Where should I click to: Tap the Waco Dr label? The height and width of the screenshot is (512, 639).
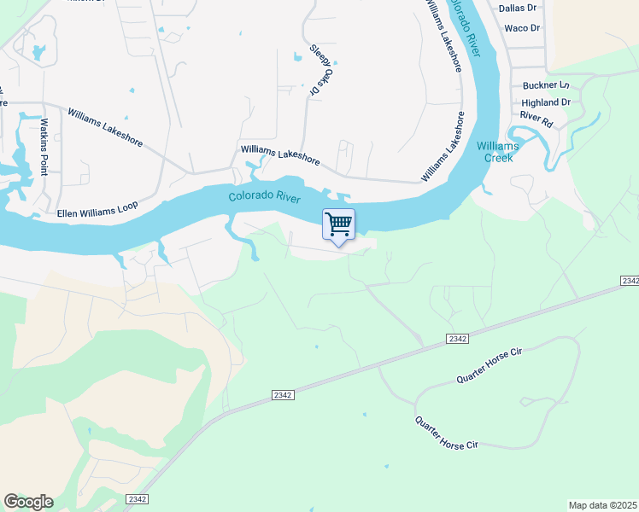pyautogui.click(x=522, y=28)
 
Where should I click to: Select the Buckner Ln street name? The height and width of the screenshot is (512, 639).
pyautogui.click(x=545, y=85)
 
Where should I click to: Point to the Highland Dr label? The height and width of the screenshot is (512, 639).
pyautogui.click(x=545, y=102)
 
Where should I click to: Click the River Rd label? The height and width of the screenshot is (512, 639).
pyautogui.click(x=536, y=118)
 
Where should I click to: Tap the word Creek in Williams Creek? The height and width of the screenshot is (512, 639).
pyautogui.click(x=498, y=157)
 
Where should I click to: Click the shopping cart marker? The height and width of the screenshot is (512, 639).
pyautogui.click(x=339, y=224)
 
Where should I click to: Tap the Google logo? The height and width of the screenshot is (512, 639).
pyautogui.click(x=28, y=502)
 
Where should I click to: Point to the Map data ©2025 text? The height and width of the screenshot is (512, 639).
pyautogui.click(x=603, y=505)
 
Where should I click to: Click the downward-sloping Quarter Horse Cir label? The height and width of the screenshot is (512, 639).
pyautogui.click(x=446, y=433)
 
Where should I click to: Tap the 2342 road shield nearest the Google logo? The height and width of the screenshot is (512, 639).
pyautogui.click(x=136, y=498)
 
